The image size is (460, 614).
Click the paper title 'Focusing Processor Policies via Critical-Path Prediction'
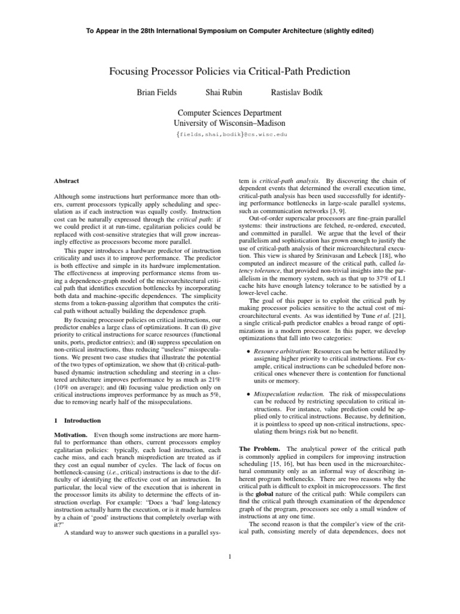[x=229, y=71]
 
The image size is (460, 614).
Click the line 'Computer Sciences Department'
[x=229, y=112]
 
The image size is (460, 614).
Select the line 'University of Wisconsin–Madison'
[x=229, y=123]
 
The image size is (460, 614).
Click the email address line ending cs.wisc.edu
[x=229, y=135]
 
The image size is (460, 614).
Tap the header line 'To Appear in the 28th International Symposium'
[x=229, y=30]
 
